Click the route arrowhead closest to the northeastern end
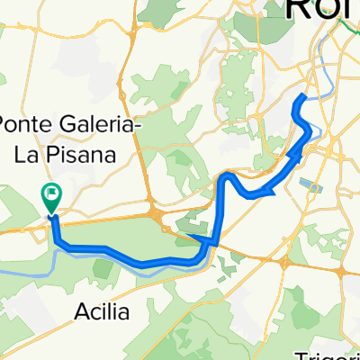[x=296, y=157]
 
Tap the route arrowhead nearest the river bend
[x=194, y=238]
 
